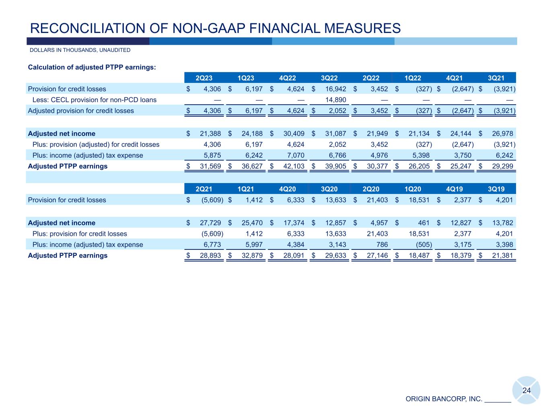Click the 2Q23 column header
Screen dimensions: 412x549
[x=204, y=78]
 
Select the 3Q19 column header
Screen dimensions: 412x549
[x=496, y=189]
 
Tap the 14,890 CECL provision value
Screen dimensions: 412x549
[x=335, y=100]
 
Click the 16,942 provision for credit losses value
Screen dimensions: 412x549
[x=335, y=89]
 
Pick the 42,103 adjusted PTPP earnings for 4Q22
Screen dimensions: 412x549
[x=293, y=166]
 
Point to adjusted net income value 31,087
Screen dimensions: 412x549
[x=335, y=134]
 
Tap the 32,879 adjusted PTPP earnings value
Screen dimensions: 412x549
[x=251, y=255]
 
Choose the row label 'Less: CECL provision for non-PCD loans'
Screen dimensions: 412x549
[x=94, y=100]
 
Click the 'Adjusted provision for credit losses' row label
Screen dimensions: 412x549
[x=81, y=111]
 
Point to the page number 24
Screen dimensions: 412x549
[x=526, y=391]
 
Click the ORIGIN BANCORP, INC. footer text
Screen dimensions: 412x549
[x=444, y=399]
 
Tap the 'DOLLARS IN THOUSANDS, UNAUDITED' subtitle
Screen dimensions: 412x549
[x=80, y=50]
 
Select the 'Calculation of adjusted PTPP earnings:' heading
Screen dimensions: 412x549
[x=92, y=67]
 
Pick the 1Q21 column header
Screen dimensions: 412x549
[x=246, y=189]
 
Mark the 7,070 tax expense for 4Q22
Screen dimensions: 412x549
[x=293, y=155]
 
